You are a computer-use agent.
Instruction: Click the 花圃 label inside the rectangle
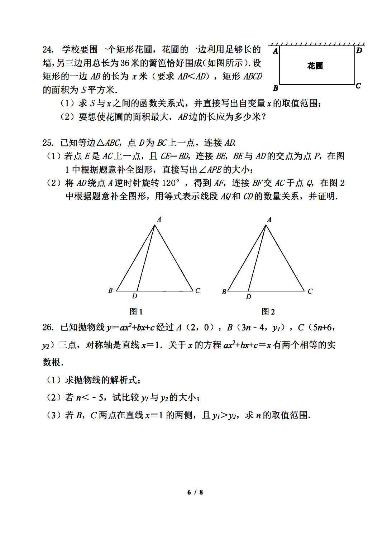315,66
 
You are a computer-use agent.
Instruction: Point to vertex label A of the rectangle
275,51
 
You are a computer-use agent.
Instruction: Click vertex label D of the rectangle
359,50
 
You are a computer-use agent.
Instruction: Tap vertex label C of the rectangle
358,86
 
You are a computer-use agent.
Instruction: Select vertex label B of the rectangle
275,88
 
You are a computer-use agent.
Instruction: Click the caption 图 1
136,311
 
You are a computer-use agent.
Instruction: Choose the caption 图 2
268,311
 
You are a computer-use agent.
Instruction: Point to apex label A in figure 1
159,219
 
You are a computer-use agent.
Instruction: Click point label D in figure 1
135,296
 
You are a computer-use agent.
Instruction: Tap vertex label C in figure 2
310,291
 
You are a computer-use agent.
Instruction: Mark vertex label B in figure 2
224,292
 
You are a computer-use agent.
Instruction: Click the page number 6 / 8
195,492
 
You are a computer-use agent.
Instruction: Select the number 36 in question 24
125,63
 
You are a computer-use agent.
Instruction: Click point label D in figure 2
249,296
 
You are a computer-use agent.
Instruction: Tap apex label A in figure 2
269,219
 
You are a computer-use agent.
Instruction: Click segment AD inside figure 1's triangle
146,258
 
